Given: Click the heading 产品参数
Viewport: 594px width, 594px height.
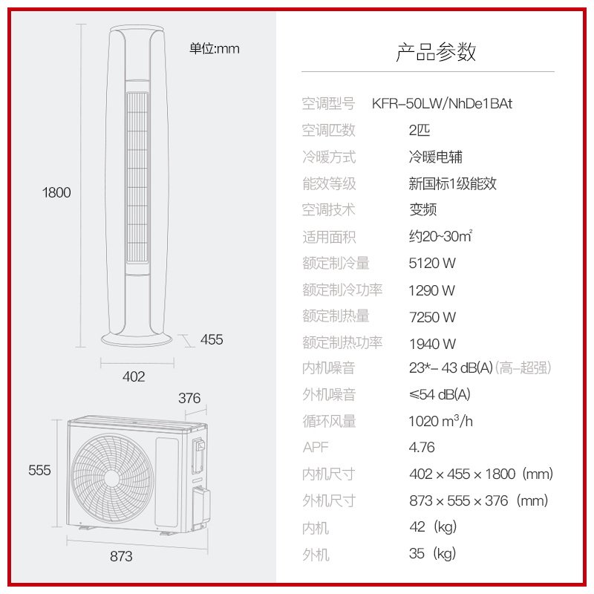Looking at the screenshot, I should click(436, 52).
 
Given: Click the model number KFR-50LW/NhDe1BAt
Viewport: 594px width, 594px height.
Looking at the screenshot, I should click(441, 104).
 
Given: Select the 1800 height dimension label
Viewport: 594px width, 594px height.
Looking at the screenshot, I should click(56, 193).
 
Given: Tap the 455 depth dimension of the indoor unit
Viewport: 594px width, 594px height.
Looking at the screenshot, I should click(212, 340).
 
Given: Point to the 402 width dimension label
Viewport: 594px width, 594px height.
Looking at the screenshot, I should click(134, 376).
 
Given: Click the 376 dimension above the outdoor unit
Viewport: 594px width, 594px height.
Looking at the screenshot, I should click(189, 398).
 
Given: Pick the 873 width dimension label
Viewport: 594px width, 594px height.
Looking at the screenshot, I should click(121, 555).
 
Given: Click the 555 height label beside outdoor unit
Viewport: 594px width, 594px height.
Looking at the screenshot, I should click(39, 470).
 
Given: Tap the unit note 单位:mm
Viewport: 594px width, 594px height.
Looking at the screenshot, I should click(215, 49).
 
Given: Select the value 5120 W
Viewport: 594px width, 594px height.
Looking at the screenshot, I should click(432, 264).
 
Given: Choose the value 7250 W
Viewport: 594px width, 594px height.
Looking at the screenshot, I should click(432, 317).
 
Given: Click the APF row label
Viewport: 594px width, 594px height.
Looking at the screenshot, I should click(316, 448).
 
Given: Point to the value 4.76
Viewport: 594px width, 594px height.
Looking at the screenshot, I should click(422, 448).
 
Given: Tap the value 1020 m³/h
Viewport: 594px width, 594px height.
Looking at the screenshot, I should click(441, 421).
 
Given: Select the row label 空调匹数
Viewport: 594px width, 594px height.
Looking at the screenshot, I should click(329, 131).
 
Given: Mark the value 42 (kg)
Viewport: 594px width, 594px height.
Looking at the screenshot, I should click(433, 527).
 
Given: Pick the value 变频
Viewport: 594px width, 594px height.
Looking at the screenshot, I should click(423, 210).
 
